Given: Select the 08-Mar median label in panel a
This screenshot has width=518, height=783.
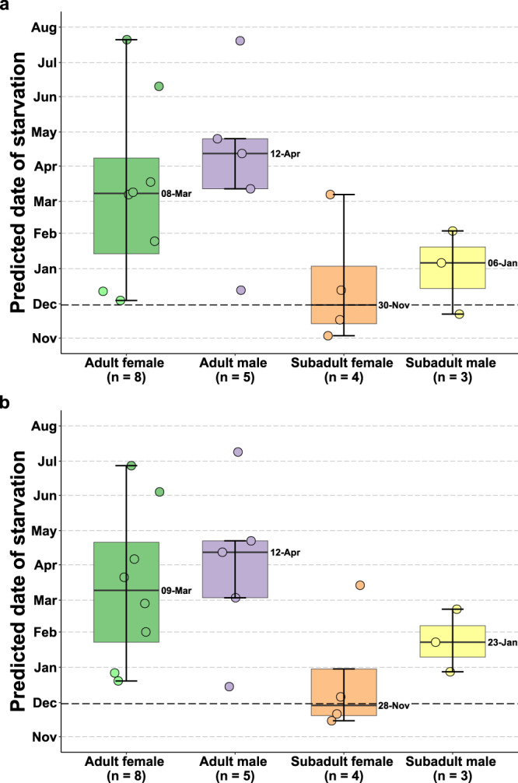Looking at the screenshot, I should click(176, 193).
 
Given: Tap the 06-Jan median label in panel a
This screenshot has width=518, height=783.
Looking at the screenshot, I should click(502, 263).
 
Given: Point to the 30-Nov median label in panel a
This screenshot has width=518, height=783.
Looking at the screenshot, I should click(393, 305).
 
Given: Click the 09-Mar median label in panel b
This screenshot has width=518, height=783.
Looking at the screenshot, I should click(176, 591).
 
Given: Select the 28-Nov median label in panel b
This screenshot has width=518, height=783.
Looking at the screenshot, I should click(393, 704).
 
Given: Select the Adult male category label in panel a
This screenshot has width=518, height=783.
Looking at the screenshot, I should click(235, 363).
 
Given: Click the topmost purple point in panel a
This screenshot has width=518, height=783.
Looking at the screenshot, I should click(240, 40).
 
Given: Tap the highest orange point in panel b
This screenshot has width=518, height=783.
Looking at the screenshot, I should click(360, 585).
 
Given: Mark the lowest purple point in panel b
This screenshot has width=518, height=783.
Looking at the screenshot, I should click(229, 686).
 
